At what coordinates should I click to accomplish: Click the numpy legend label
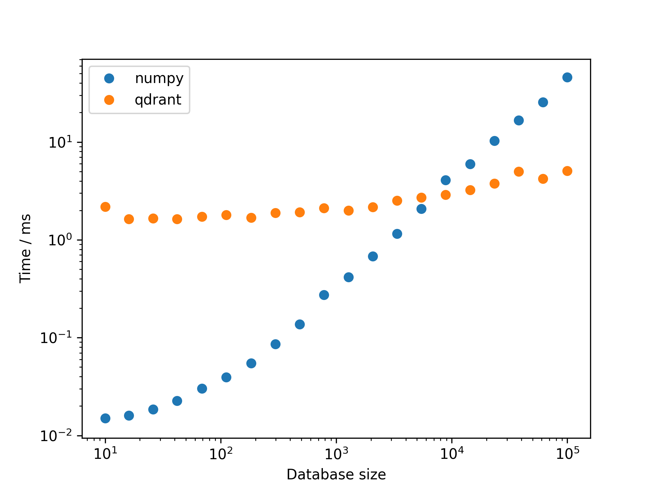point(159,79)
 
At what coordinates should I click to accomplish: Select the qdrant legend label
point(158,100)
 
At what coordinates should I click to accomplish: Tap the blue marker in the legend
point(109,79)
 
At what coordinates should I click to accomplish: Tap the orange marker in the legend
point(109,100)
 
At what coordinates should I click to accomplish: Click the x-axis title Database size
point(336,475)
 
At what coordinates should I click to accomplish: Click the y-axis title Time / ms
point(25,248)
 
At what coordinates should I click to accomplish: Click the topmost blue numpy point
point(567,77)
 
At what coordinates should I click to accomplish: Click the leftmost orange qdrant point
point(105,207)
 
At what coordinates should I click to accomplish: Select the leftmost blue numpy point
point(105,418)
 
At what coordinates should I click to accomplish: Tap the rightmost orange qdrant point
point(567,171)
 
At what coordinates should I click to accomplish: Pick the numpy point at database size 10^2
point(226,377)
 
